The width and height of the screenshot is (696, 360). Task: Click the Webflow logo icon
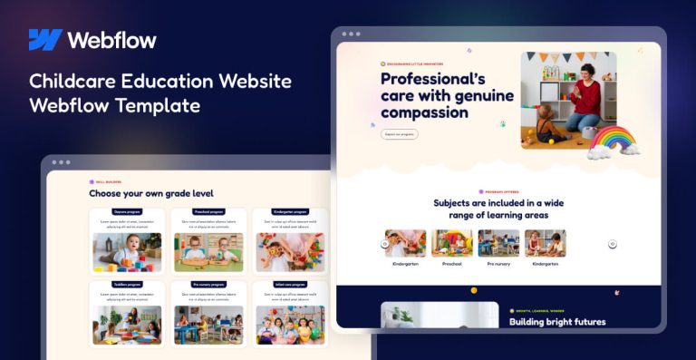click(x=44, y=40)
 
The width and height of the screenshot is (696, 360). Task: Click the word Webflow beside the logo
click(x=111, y=40)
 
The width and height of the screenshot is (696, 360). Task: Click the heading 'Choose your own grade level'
click(x=151, y=193)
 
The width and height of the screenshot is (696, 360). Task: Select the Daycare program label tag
click(x=127, y=212)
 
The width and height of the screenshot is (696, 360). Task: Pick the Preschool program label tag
click(x=208, y=212)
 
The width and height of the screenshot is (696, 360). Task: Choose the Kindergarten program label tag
click(x=290, y=212)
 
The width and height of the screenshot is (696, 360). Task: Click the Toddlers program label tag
click(x=127, y=285)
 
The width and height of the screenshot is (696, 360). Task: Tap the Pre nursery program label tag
click(x=208, y=285)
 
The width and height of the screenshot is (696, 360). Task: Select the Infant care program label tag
click(x=290, y=285)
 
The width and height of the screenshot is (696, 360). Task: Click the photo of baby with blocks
click(x=127, y=252)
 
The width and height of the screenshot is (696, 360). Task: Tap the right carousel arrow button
click(x=613, y=243)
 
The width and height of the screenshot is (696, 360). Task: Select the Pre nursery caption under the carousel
click(x=498, y=264)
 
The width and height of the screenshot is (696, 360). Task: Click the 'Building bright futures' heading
click(x=556, y=321)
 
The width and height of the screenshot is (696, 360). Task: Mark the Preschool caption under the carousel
click(x=451, y=264)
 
